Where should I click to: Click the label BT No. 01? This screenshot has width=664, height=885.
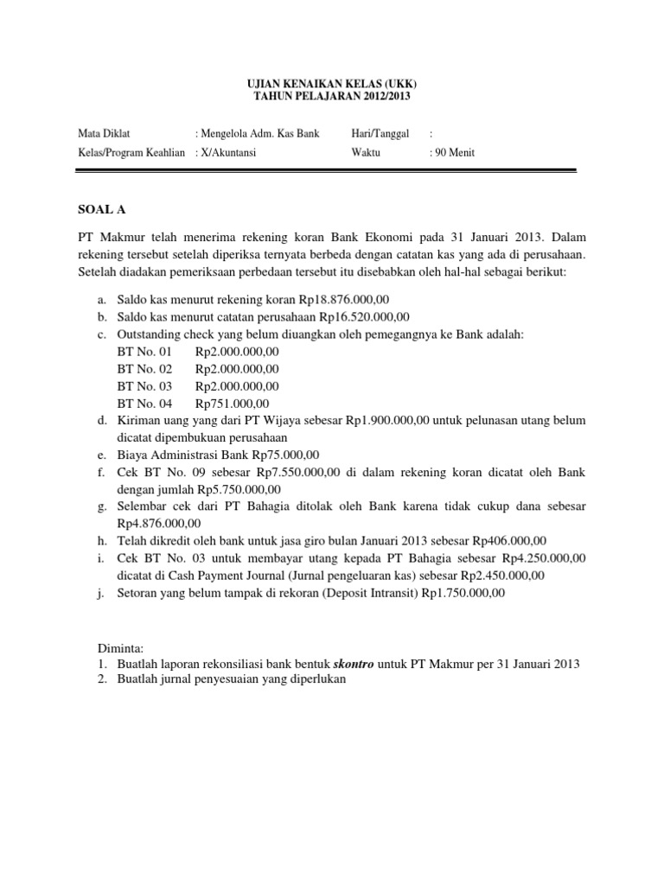pos(144,353)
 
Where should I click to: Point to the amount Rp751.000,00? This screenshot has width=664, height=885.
pos(233,404)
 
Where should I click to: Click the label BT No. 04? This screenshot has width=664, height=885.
pos(144,404)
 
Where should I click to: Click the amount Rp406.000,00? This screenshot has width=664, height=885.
pos(493,541)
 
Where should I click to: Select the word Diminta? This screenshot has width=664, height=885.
pos(120,646)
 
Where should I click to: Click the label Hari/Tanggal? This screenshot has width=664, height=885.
pos(380,133)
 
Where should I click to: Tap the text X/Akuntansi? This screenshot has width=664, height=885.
pos(232,153)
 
